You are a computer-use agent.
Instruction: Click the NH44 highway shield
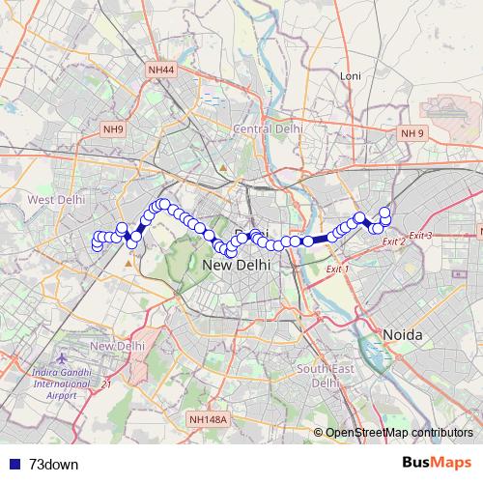click(162, 70)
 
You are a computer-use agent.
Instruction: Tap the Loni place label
click(350, 75)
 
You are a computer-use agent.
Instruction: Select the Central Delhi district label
click(268, 128)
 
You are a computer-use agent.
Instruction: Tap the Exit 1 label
click(337, 268)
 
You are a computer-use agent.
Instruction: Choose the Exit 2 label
click(394, 241)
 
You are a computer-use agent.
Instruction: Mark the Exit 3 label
click(420, 236)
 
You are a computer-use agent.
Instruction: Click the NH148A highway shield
click(208, 419)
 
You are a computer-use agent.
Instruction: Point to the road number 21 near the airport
click(106, 384)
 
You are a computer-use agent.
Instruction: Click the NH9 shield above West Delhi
click(114, 128)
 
